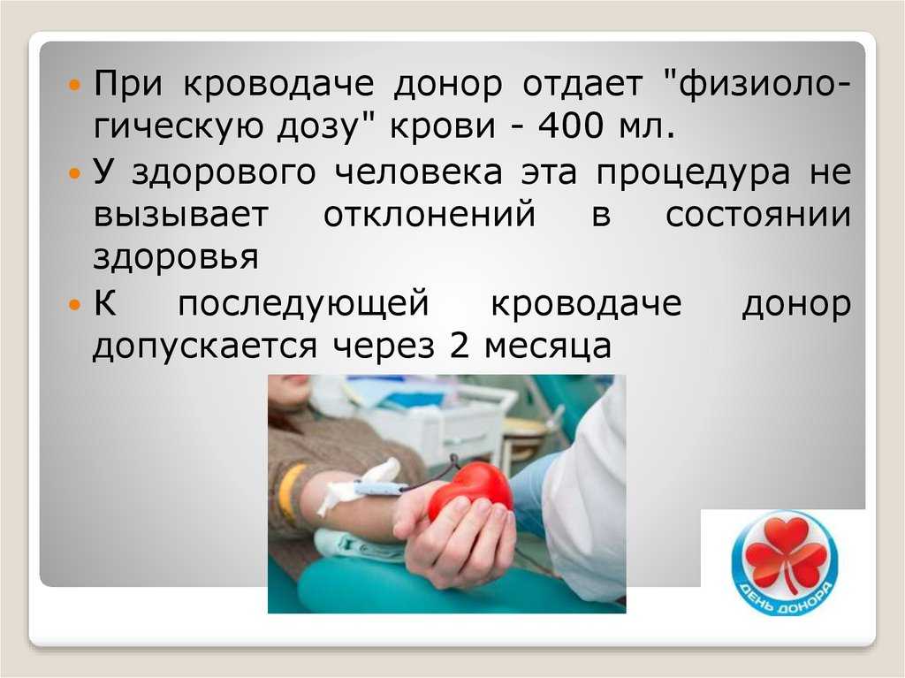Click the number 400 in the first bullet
pyautogui.click(x=570, y=125)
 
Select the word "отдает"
pyautogui.click(x=582, y=84)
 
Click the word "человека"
pyautogui.click(x=418, y=172)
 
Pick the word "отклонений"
pyautogui.click(x=430, y=215)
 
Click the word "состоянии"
pyautogui.click(x=758, y=215)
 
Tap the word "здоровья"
pyautogui.click(x=176, y=257)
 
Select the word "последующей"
pyautogui.click(x=304, y=304)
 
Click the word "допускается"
pyautogui.click(x=205, y=347)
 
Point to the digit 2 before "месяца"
pyautogui.click(x=459, y=345)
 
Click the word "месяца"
pyautogui.click(x=548, y=347)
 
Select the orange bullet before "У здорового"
pyautogui.click(x=74, y=172)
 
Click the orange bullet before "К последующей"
pyautogui.click(x=74, y=304)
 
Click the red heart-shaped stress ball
pyautogui.click(x=470, y=491)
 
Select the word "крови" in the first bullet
pyautogui.click(x=443, y=125)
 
